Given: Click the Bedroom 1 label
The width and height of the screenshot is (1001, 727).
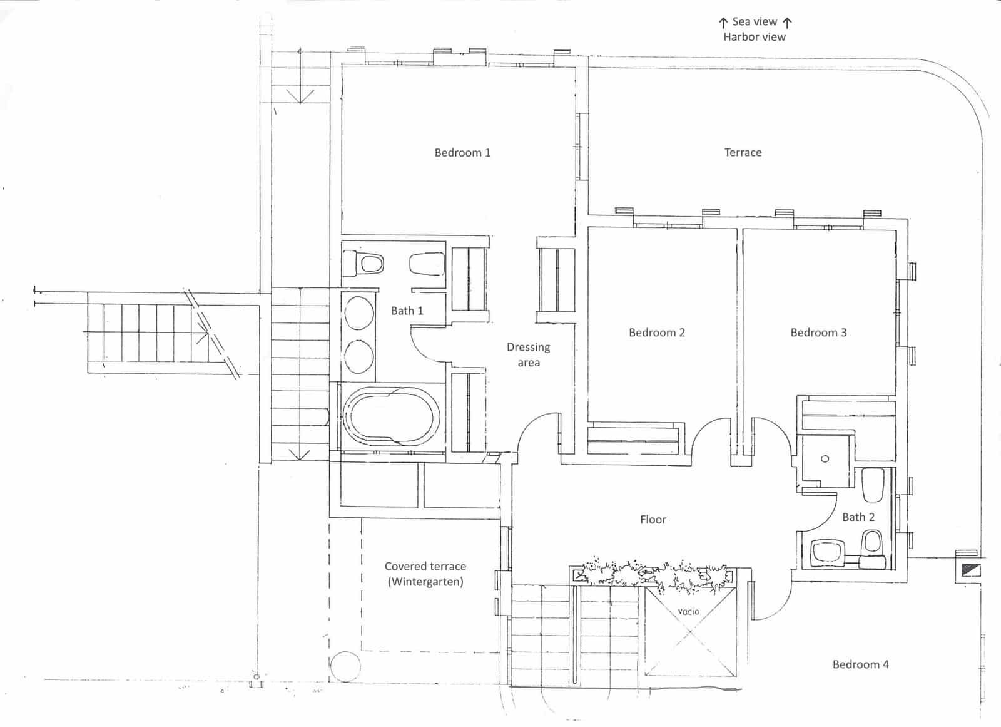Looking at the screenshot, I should [x=462, y=153].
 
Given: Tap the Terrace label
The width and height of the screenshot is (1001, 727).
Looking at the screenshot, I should [x=743, y=153].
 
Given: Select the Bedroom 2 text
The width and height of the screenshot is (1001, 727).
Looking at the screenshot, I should [x=656, y=333].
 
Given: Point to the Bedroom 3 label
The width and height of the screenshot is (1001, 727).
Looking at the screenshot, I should [x=818, y=333].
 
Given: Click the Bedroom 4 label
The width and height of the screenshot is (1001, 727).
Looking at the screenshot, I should [x=860, y=664].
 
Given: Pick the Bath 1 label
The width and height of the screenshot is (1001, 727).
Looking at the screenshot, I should [x=407, y=311].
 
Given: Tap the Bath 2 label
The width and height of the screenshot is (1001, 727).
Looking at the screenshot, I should [x=858, y=517].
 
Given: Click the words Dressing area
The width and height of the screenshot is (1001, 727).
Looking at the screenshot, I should [x=529, y=354].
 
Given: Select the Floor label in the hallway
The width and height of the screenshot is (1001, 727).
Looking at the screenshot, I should [x=653, y=520].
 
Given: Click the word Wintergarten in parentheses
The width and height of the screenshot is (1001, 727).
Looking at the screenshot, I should [x=425, y=582].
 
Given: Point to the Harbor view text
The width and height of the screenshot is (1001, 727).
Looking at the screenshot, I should [x=754, y=37].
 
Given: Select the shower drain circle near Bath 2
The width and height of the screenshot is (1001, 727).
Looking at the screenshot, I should [x=825, y=459].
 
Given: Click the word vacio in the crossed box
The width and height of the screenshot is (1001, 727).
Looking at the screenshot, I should [x=688, y=611].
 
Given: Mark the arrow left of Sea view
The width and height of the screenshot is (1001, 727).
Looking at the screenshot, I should [x=723, y=23].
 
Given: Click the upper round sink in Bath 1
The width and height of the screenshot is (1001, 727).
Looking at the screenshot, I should [x=359, y=311].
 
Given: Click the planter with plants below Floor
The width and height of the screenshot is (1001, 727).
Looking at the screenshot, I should [x=654, y=574].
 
